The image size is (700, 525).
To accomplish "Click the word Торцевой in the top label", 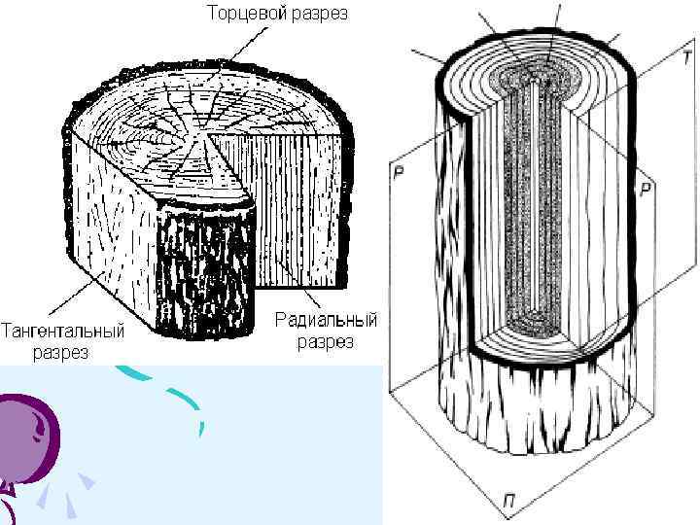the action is [x=242, y=14].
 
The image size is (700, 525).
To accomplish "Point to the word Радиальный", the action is [x=326, y=320].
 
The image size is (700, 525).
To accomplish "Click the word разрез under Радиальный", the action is [x=326, y=342].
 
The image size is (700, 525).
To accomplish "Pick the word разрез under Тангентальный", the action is [x=60, y=352].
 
